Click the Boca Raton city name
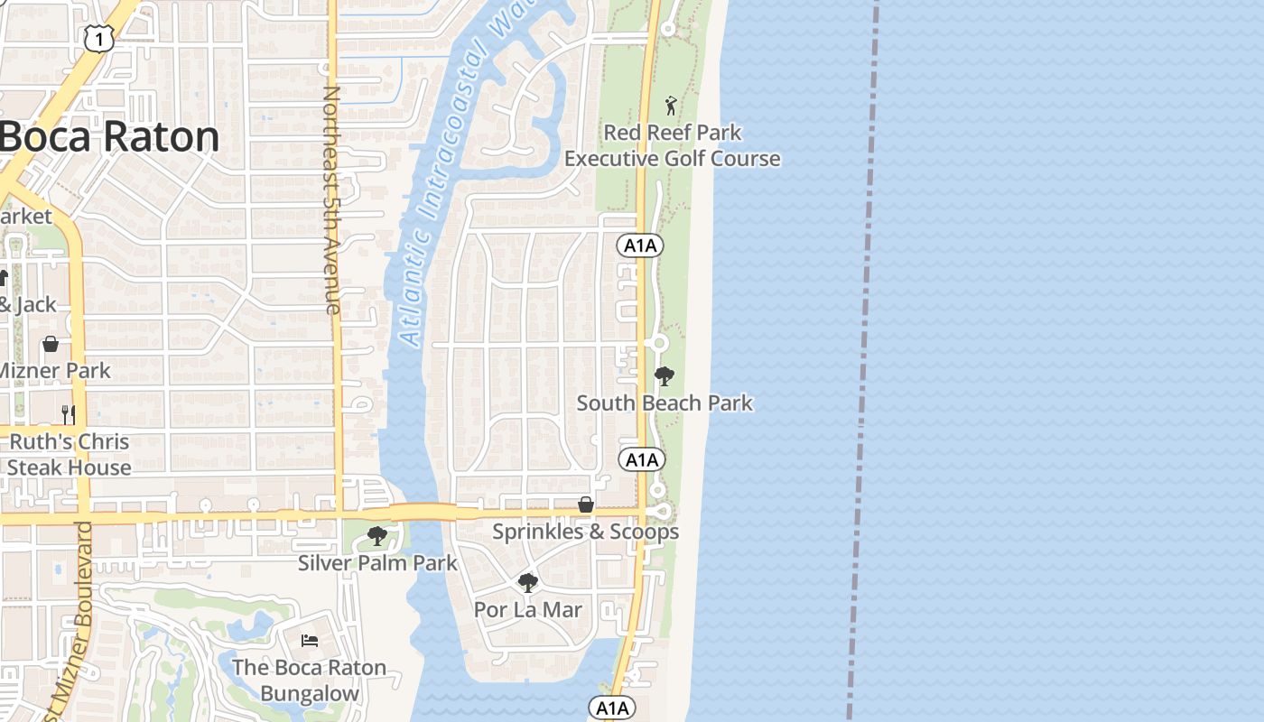(x=109, y=137)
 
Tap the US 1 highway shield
(x=98, y=37)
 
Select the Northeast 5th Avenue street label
(x=331, y=199)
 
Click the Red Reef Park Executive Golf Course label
(x=672, y=145)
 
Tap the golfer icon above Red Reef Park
(x=670, y=106)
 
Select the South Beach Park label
(x=665, y=403)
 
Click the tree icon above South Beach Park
(x=665, y=376)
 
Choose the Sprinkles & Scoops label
(x=585, y=532)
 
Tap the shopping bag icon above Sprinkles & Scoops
(x=586, y=504)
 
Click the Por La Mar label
(x=528, y=609)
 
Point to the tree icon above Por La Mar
(x=528, y=583)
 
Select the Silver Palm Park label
(x=378, y=563)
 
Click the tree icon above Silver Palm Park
(x=377, y=537)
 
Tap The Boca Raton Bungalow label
(x=310, y=680)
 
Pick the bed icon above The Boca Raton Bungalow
(x=310, y=641)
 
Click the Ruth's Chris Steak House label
(x=70, y=455)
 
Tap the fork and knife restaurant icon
(x=68, y=414)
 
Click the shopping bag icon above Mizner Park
(x=51, y=344)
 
